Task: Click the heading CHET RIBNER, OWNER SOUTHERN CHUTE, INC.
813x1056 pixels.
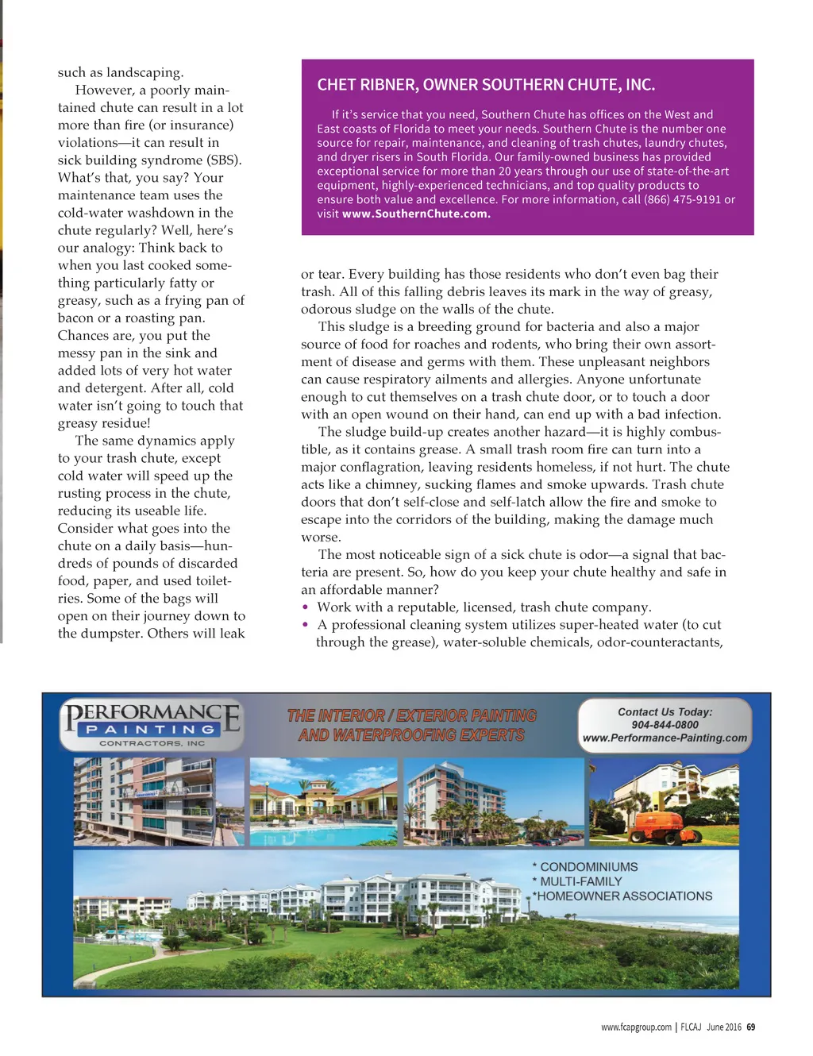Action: (486, 85)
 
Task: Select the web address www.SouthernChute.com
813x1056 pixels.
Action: (416, 214)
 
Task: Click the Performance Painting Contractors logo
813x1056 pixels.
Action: (152, 724)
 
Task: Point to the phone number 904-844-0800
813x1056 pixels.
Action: (665, 725)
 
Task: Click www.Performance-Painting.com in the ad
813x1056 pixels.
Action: (665, 738)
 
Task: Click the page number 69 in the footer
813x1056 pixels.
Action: (751, 1027)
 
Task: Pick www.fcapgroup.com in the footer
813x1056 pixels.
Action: (636, 1027)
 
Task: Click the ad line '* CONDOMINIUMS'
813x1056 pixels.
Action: (585, 867)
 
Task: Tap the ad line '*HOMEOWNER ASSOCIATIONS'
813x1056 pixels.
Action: (622, 896)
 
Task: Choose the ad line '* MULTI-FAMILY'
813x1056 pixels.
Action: (577, 881)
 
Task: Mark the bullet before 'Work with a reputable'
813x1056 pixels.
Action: (306, 607)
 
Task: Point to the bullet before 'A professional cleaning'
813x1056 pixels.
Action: (306, 625)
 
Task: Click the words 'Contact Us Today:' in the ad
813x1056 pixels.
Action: (665, 712)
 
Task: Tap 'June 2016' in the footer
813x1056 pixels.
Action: (724, 1027)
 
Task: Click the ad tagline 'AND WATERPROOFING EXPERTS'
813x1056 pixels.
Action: (411, 735)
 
